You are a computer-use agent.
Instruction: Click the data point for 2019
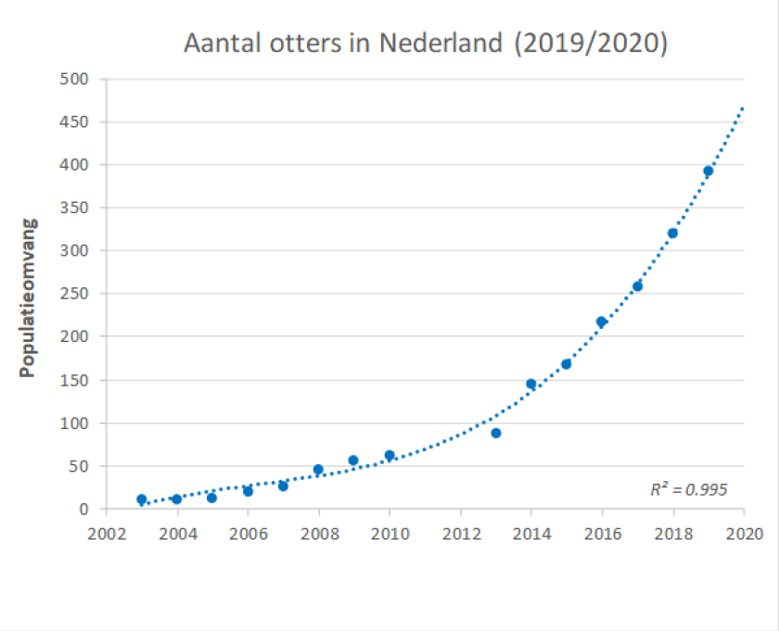point(708,170)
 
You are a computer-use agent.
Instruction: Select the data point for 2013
point(496,433)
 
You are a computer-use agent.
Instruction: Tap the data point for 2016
point(601,322)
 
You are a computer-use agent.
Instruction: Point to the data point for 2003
point(142,499)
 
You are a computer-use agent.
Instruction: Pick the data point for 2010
point(389,455)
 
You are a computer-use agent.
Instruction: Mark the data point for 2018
point(672,233)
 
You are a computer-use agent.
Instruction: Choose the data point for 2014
point(531,384)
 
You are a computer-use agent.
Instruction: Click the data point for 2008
point(318,470)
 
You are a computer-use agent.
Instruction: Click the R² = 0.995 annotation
point(689,489)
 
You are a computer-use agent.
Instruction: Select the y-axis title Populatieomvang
point(28,297)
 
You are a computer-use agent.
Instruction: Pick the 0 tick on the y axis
point(83,509)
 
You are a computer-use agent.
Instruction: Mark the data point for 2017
point(637,286)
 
